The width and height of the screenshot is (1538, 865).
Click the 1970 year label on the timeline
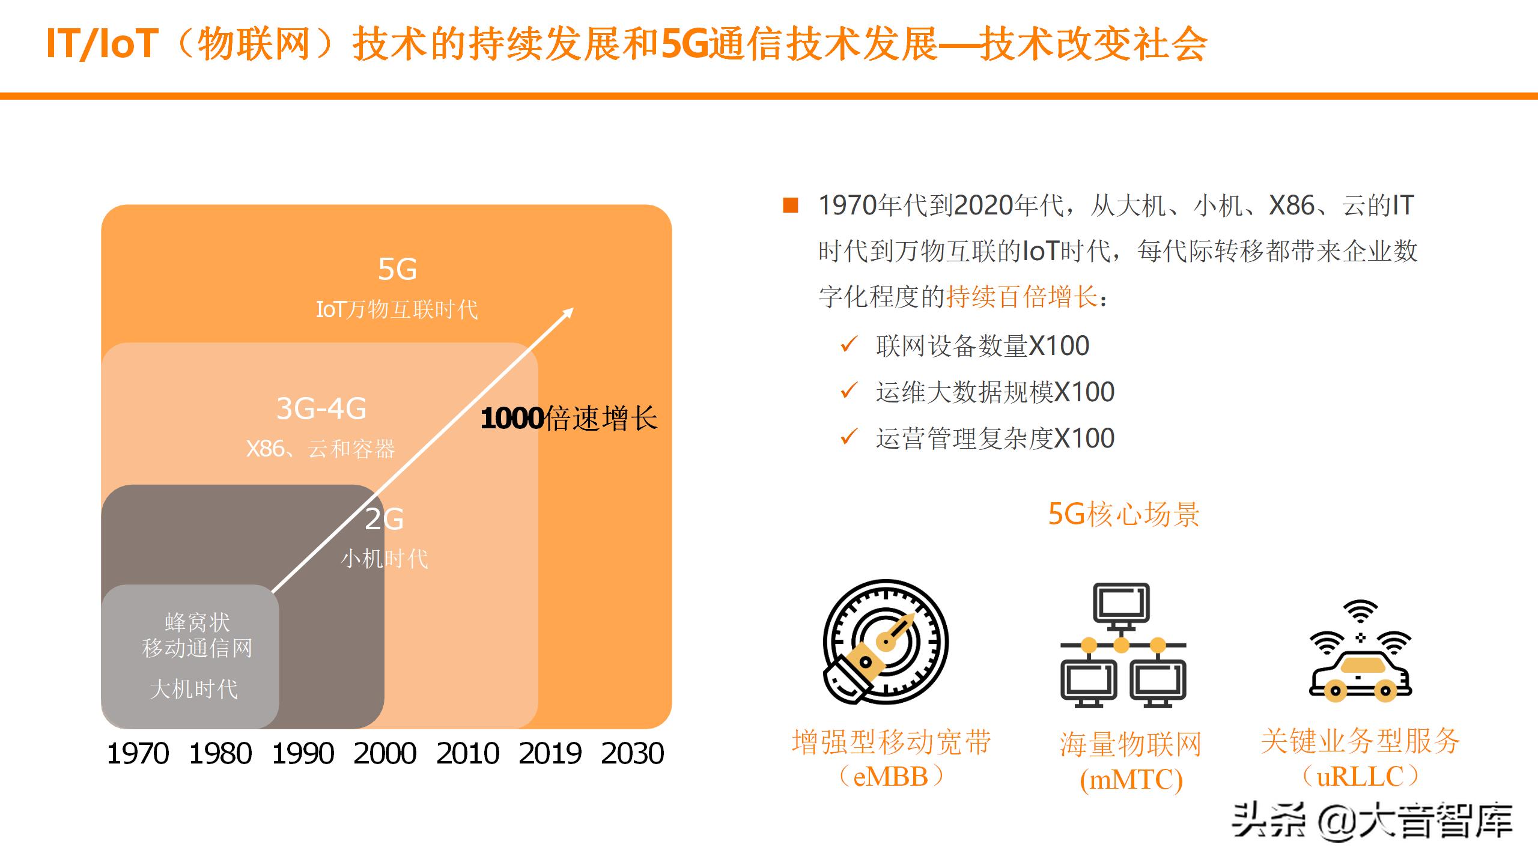click(x=138, y=753)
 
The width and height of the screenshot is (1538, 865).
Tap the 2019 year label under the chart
click(x=550, y=753)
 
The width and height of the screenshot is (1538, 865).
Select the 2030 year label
click(x=632, y=753)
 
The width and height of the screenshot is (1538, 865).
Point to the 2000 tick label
click(x=385, y=753)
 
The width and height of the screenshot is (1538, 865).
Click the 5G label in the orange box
click(x=397, y=269)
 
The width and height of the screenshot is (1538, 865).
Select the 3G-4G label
click(x=321, y=408)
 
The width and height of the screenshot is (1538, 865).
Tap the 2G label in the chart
click(x=384, y=519)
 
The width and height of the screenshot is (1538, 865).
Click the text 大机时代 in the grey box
click(x=193, y=689)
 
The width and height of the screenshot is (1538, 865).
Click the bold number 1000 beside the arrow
click(x=512, y=419)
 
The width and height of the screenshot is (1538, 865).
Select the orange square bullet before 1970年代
click(x=791, y=205)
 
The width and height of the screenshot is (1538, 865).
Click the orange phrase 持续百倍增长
click(x=1022, y=297)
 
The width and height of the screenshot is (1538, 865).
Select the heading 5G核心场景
click(x=1123, y=515)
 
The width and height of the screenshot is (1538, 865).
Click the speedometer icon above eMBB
click(x=885, y=642)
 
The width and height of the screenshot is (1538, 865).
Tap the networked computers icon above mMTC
click(x=1122, y=645)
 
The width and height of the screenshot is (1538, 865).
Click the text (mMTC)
click(x=1131, y=780)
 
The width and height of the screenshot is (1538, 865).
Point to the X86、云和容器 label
click(x=321, y=449)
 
